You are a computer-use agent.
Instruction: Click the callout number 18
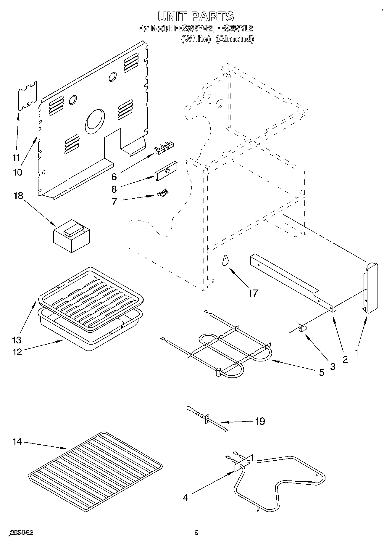point(18,196)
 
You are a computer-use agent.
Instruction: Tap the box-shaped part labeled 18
point(71,236)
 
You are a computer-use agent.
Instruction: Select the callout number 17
point(253,293)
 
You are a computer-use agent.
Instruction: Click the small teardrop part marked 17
point(225,260)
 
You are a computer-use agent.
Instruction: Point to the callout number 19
point(260,421)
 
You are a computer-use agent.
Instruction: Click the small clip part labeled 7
point(163,193)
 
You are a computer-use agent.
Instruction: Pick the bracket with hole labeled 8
point(166,171)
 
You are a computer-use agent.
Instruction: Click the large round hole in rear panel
point(95,121)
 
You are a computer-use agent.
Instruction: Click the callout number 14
point(17,442)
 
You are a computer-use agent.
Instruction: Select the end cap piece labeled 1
point(370,288)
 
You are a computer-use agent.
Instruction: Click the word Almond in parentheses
point(234,39)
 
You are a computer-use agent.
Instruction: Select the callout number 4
point(185,498)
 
